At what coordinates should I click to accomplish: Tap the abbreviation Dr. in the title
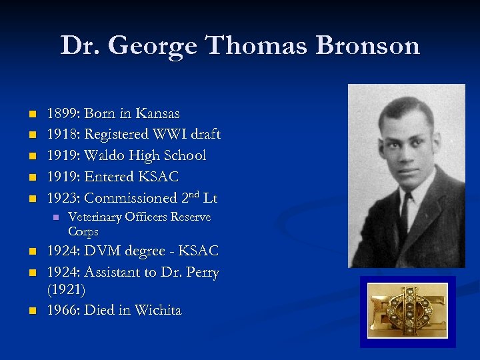click(x=81, y=46)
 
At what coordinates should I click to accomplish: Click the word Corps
click(x=83, y=232)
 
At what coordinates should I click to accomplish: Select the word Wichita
click(x=158, y=310)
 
